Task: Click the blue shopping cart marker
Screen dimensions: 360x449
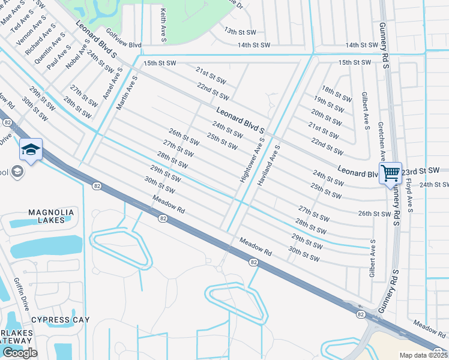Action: click(390, 173)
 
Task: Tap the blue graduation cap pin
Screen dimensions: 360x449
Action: click(31, 150)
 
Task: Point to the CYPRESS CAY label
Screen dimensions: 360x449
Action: click(60, 320)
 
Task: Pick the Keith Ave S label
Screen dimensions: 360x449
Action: click(163, 26)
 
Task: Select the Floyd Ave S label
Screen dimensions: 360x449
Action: click(411, 196)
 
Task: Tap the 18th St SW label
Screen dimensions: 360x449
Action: click(336, 93)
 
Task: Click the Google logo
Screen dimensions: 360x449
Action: click(20, 353)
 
